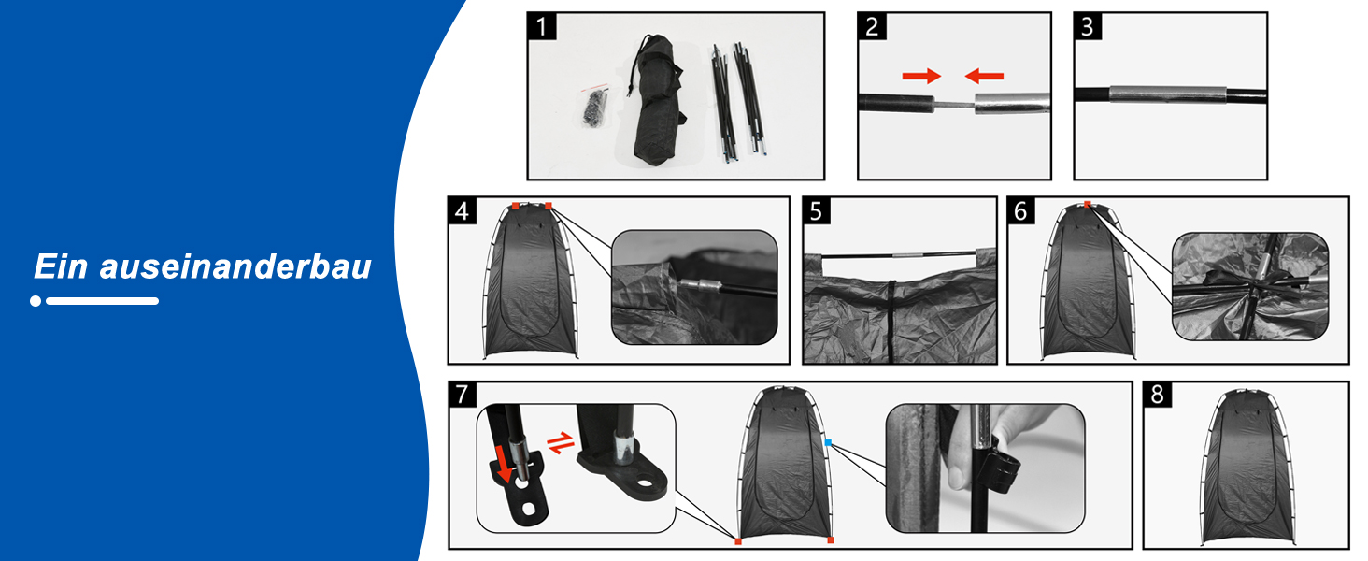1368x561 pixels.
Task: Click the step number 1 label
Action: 542,26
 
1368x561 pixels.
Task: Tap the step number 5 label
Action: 817,210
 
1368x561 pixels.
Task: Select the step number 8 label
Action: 1158,395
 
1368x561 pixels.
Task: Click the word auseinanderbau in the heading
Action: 235,267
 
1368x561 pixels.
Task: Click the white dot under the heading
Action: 36,301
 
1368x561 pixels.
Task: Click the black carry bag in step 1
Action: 657,100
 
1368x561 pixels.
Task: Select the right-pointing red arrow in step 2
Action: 921,76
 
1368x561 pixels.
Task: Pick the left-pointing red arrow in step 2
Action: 984,76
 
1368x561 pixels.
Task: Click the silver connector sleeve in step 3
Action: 1168,94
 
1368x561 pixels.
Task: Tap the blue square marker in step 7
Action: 828,442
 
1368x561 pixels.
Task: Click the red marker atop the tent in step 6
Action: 1087,204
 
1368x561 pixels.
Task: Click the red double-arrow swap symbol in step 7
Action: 561,442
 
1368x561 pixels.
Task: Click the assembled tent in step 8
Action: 1247,467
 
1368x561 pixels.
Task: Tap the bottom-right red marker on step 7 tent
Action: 831,540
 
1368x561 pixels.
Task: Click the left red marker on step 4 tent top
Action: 516,206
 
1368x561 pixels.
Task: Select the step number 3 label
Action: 1088,26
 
